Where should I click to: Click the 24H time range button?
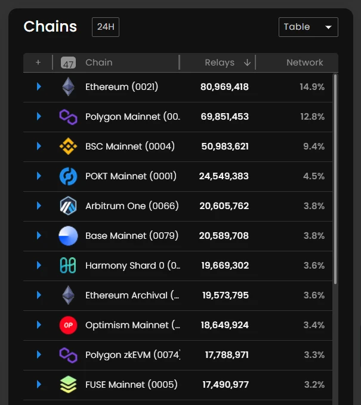click(105, 27)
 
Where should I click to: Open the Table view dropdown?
click(308, 27)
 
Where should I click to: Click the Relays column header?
click(220, 63)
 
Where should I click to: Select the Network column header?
click(304, 63)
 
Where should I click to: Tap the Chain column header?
click(98, 63)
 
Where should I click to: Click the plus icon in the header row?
click(38, 63)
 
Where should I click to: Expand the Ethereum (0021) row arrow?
click(39, 87)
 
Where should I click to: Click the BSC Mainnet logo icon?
click(68, 147)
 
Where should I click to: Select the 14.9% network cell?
click(312, 87)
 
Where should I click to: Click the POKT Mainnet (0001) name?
click(131, 176)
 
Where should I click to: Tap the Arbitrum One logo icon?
click(68, 206)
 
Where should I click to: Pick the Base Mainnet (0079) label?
click(131, 236)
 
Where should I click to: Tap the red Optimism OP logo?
click(68, 325)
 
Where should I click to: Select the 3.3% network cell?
click(314, 355)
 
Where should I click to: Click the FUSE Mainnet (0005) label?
click(131, 385)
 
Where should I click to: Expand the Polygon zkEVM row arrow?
click(39, 355)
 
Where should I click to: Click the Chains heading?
click(50, 27)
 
